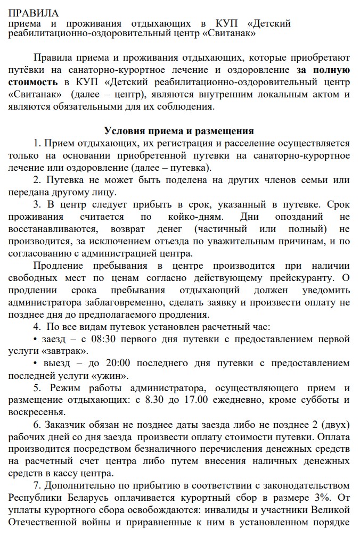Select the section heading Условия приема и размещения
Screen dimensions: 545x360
(x=179, y=131)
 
